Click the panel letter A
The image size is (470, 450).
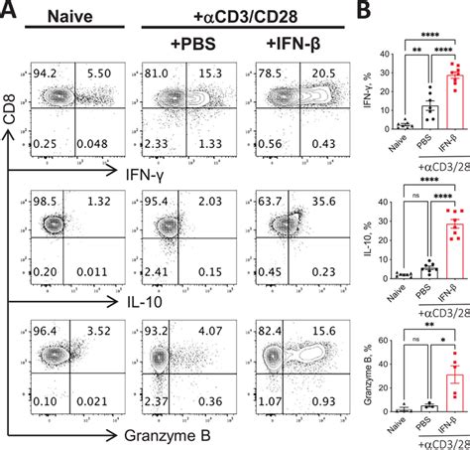[x=10, y=9]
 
